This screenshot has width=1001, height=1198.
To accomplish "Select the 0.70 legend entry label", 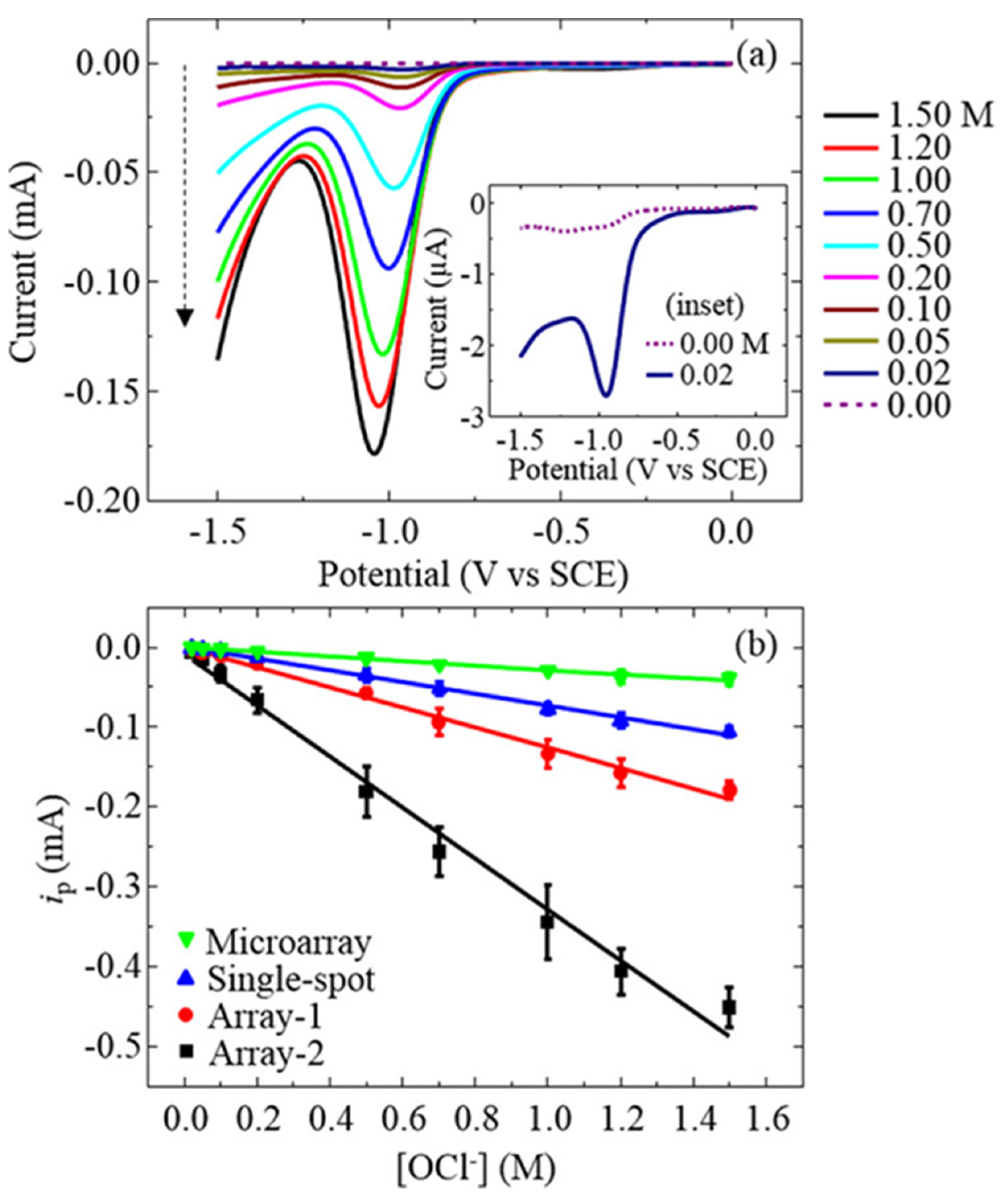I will point(918,214).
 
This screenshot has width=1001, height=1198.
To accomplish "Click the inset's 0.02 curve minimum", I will point(606,395).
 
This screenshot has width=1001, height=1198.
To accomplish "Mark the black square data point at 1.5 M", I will point(729,1007).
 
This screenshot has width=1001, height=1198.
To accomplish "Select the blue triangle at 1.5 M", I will point(729,731).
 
